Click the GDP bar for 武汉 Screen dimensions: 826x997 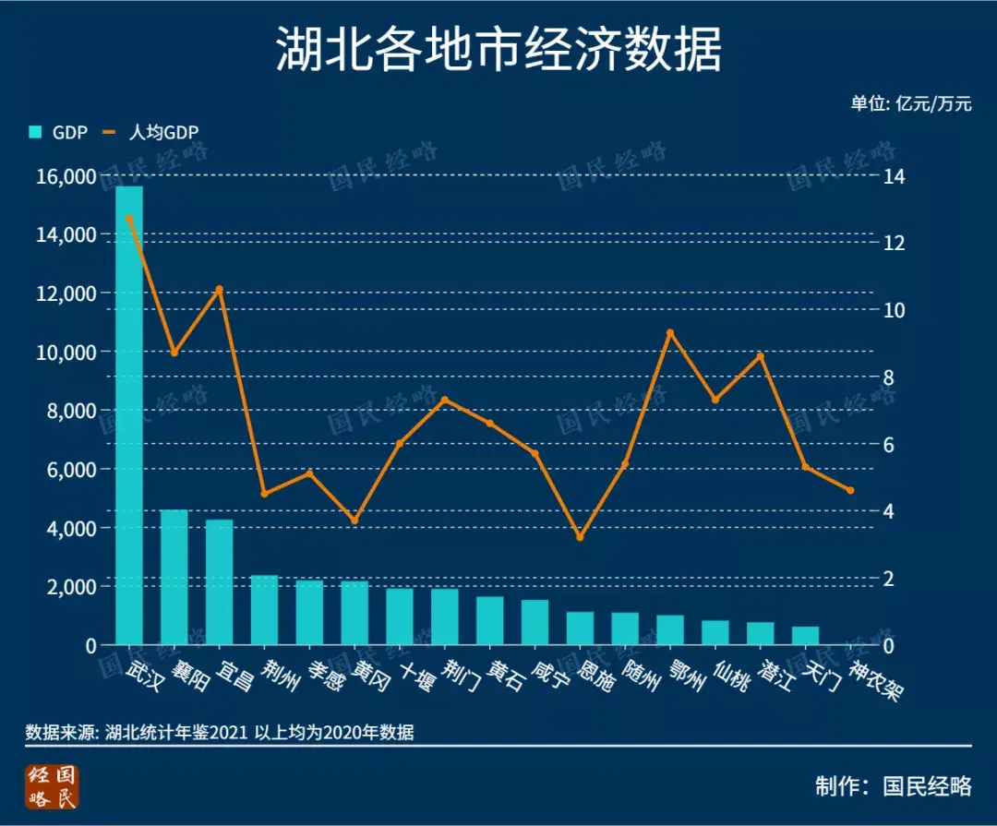pos(129,415)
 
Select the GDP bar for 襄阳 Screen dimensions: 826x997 pos(174,577)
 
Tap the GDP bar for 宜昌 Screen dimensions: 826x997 pos(220,581)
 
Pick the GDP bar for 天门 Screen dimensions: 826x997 pos(805,635)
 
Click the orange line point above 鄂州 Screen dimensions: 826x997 pos(670,332)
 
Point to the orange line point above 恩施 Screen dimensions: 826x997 pos(580,536)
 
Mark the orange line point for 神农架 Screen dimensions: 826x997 pos(850,490)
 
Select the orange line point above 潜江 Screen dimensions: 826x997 pos(761,356)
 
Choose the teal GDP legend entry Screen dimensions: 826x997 pos(58,132)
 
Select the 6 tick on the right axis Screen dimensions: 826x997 pos(892,444)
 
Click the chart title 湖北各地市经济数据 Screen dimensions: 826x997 pos(498,50)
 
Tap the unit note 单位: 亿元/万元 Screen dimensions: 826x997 pos(910,103)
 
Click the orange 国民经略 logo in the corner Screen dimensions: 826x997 pos(53,786)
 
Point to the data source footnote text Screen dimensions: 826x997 pos(220,733)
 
